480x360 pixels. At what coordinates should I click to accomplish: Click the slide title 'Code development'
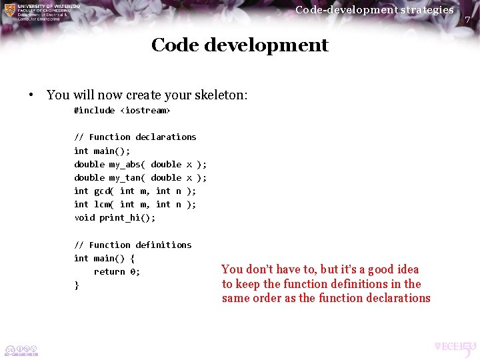coord(239,45)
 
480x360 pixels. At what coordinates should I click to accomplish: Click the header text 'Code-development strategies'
coord(374,9)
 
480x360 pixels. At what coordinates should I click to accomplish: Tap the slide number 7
coord(467,20)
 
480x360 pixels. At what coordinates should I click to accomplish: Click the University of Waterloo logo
coord(41,12)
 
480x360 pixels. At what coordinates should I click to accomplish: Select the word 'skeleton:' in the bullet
coord(223,95)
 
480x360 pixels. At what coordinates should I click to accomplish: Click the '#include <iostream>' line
coord(122,110)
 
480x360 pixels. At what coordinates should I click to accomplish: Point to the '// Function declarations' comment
coord(135,137)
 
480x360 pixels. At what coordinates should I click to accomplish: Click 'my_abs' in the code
coord(125,164)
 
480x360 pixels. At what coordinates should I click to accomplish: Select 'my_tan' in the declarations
coord(125,177)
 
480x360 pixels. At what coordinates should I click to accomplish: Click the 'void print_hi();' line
coord(115,217)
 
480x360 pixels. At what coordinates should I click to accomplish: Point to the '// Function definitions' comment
coord(132,245)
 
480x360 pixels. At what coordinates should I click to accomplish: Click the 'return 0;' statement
coord(117,271)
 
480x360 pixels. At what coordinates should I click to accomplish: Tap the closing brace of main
coord(77,285)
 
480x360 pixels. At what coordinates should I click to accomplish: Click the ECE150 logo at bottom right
coord(455,347)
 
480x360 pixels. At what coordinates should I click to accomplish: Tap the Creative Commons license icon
coord(21,350)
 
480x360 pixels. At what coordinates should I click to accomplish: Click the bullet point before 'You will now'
coord(31,95)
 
